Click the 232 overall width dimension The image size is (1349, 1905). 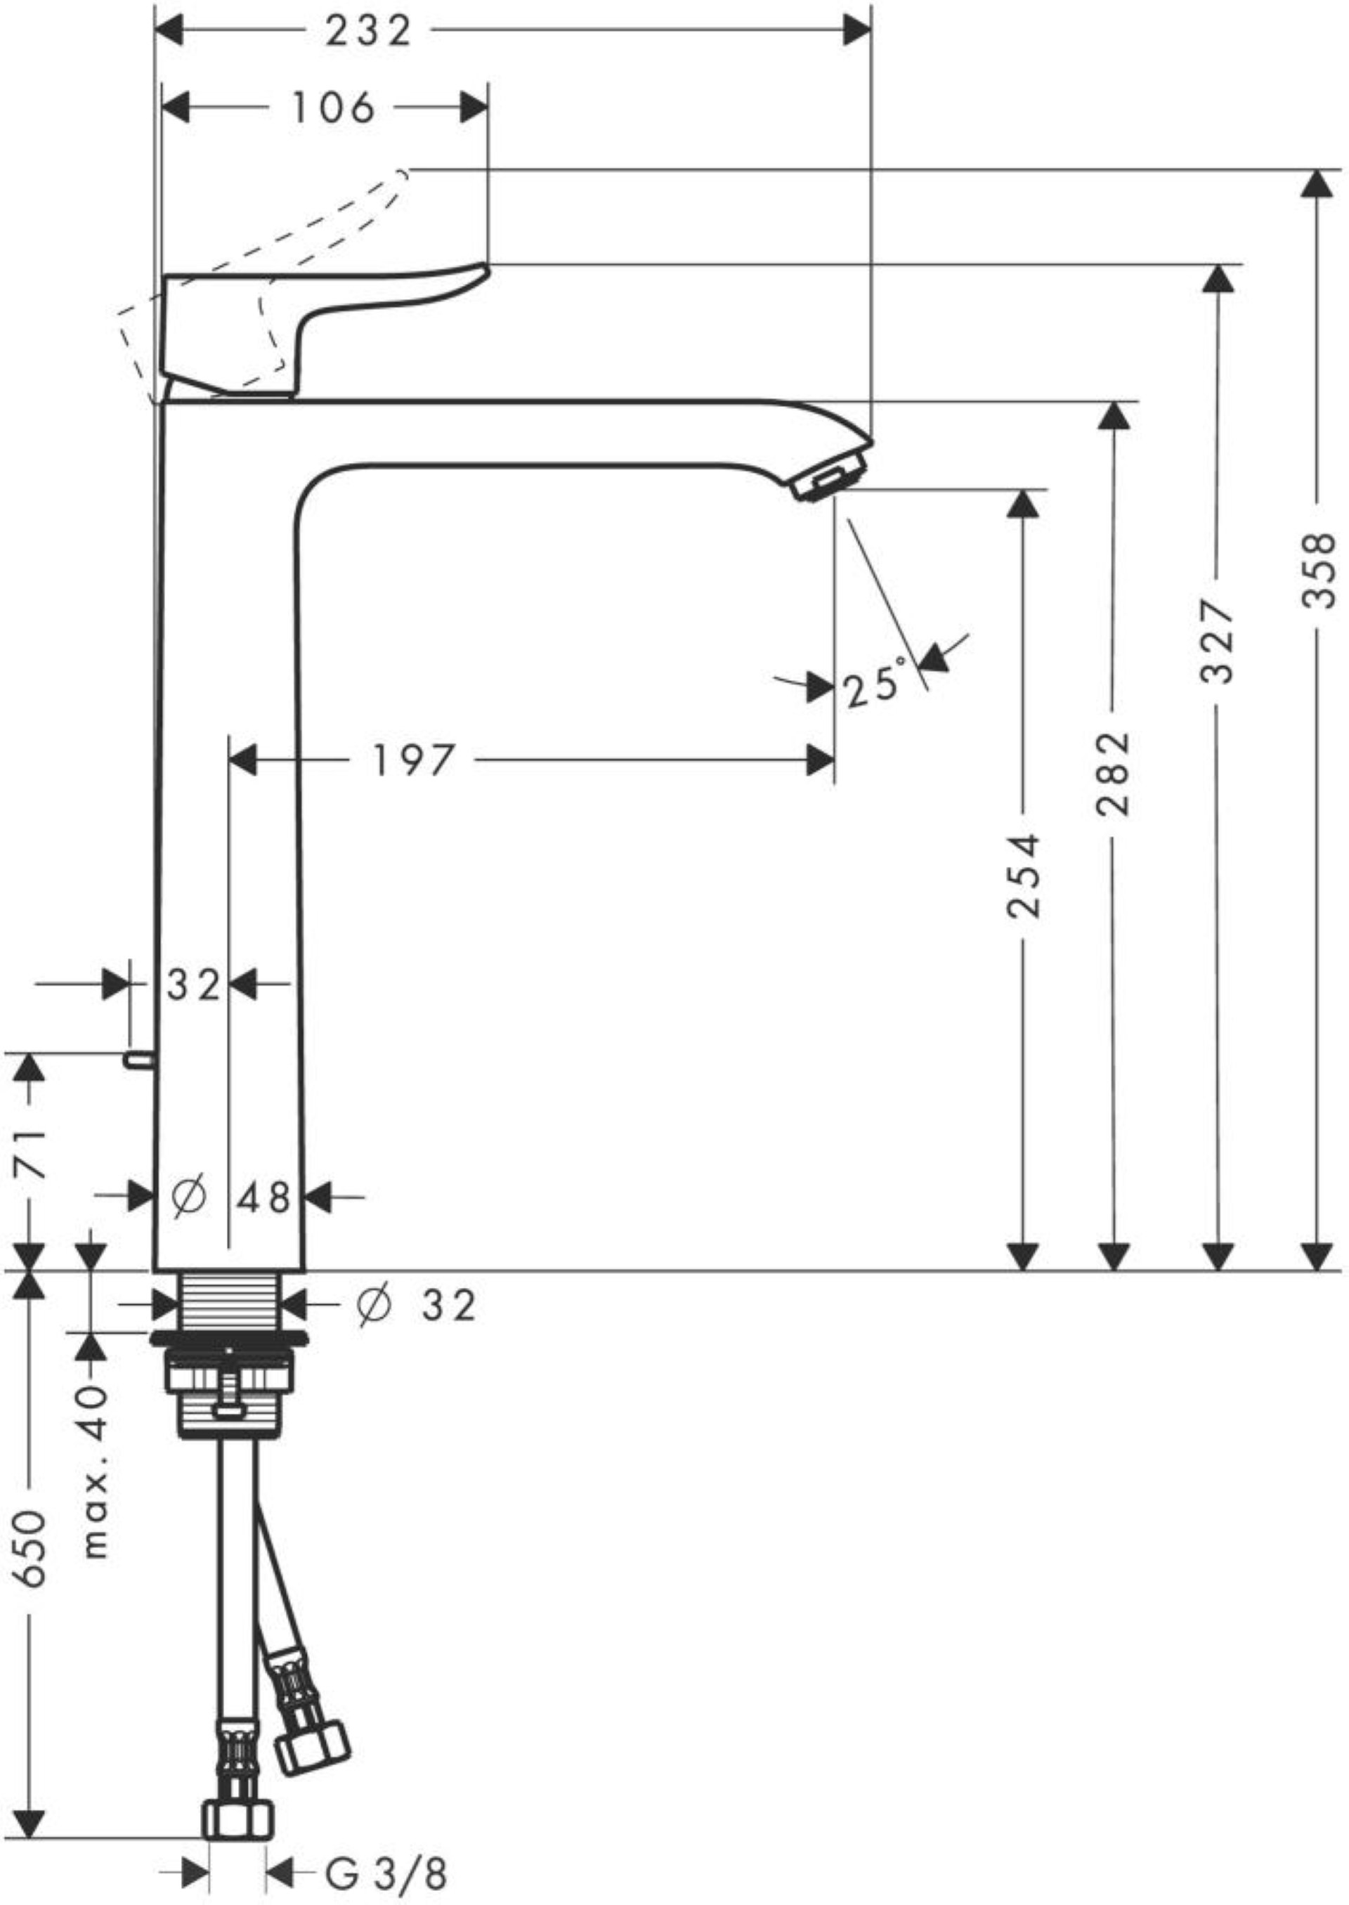point(368,32)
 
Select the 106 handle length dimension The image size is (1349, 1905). point(332,108)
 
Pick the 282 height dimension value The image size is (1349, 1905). point(1114,774)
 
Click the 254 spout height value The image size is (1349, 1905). point(1022,876)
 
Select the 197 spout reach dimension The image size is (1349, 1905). point(414,760)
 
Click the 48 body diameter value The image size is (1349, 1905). point(263,1197)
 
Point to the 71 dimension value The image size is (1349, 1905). point(32,1152)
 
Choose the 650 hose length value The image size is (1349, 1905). point(32,1537)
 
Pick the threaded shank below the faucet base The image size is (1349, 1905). point(230,1303)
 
